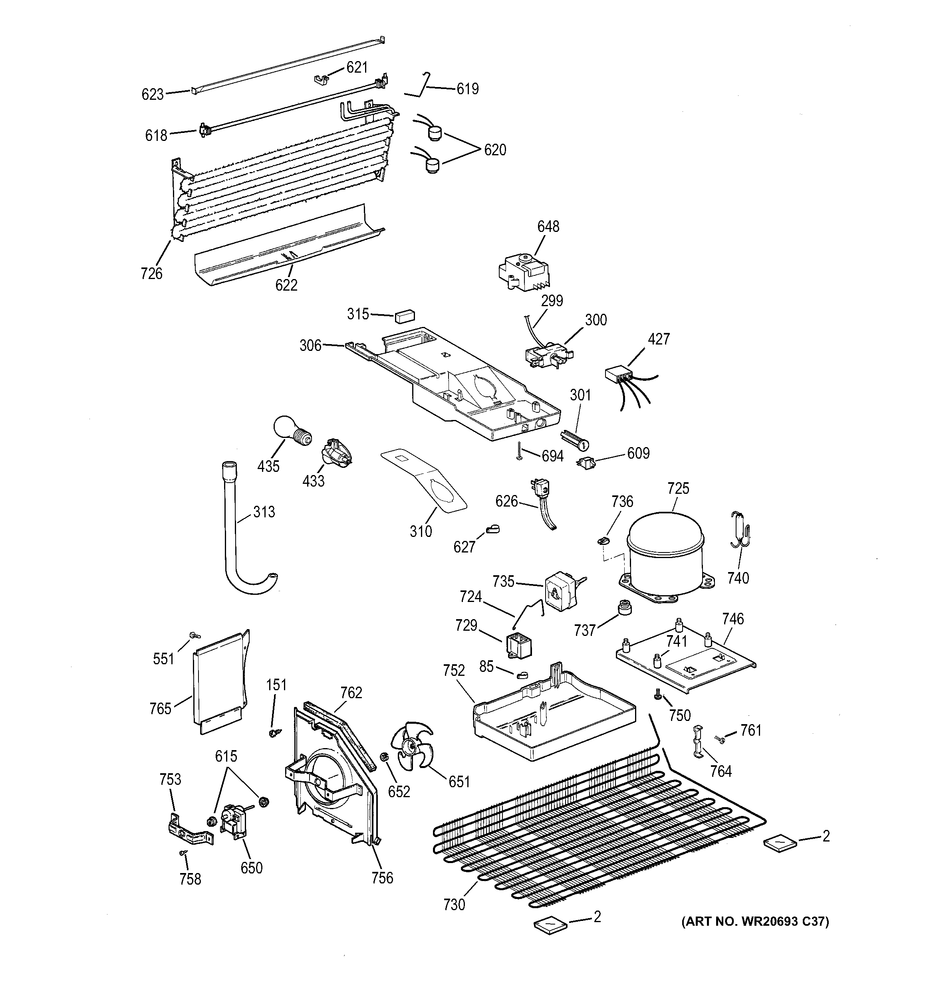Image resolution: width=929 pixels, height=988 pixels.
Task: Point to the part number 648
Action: coord(548,227)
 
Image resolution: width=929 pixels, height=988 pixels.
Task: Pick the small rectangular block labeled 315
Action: coord(405,316)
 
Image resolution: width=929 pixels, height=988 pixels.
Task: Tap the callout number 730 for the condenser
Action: coord(454,905)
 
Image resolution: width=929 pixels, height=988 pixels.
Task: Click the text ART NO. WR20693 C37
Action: coord(754,921)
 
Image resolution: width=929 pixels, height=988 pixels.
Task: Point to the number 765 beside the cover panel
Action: coord(160,709)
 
